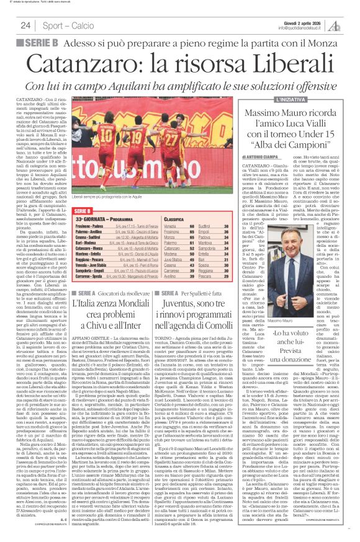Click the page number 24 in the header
[x=25, y=25]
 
